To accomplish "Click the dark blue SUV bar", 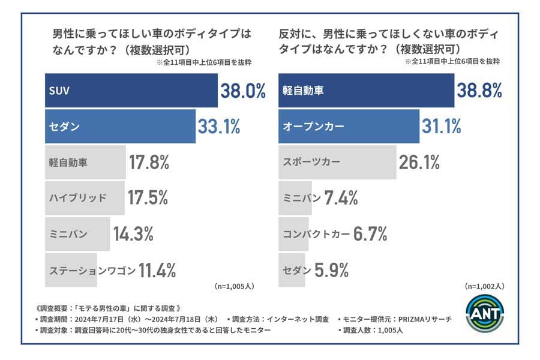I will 131,91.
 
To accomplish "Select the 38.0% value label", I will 243,91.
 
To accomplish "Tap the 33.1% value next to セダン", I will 219,127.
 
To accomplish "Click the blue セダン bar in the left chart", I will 120,127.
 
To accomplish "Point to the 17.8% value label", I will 149,162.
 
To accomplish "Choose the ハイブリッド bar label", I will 78,198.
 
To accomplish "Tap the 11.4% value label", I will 157,270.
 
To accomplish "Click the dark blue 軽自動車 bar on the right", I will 366,91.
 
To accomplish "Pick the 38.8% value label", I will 479,91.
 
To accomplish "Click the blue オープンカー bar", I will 349,127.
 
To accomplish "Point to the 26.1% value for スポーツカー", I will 419,162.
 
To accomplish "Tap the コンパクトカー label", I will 316,234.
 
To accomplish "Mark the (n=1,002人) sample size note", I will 484,287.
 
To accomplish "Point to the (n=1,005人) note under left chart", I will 234,287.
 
